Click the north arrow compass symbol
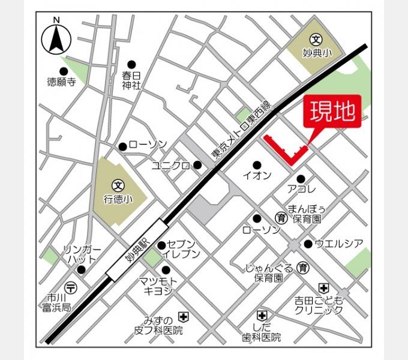[x=56, y=38]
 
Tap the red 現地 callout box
[x=334, y=112]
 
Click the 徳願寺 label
[x=62, y=83]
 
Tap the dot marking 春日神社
[x=132, y=64]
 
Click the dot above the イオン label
[x=257, y=165]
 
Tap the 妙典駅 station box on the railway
[x=137, y=250]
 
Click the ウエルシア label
[x=339, y=244]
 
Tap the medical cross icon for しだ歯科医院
[x=261, y=314]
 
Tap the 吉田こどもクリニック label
[x=318, y=305]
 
